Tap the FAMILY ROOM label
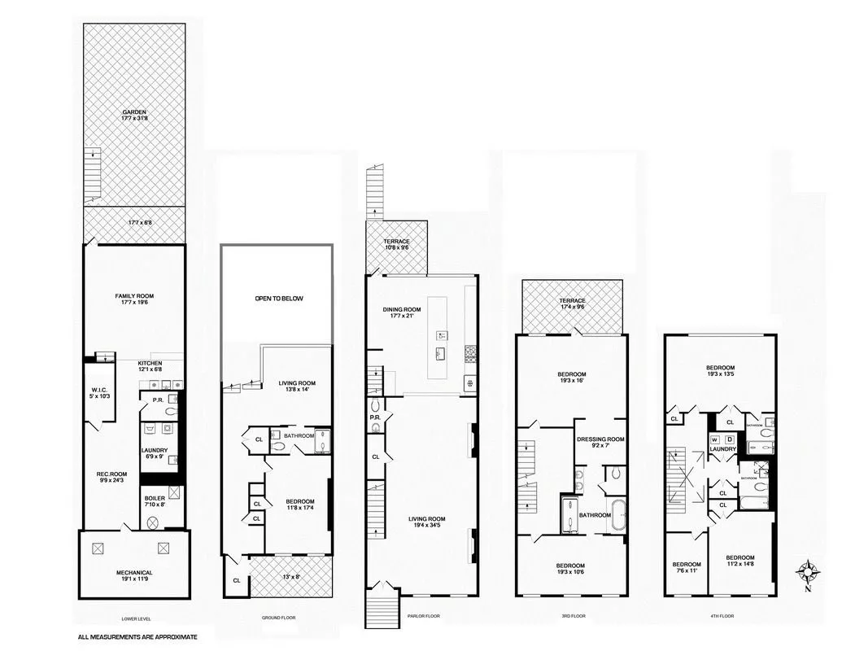(134, 299)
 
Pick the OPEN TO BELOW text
(278, 299)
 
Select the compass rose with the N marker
(807, 573)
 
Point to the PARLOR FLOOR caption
(423, 616)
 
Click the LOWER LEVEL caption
(134, 617)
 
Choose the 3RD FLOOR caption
(573, 616)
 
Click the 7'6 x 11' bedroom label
(686, 568)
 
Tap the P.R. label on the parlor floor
(375, 418)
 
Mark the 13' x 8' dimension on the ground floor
(291, 577)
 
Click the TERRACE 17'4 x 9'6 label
(573, 304)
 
